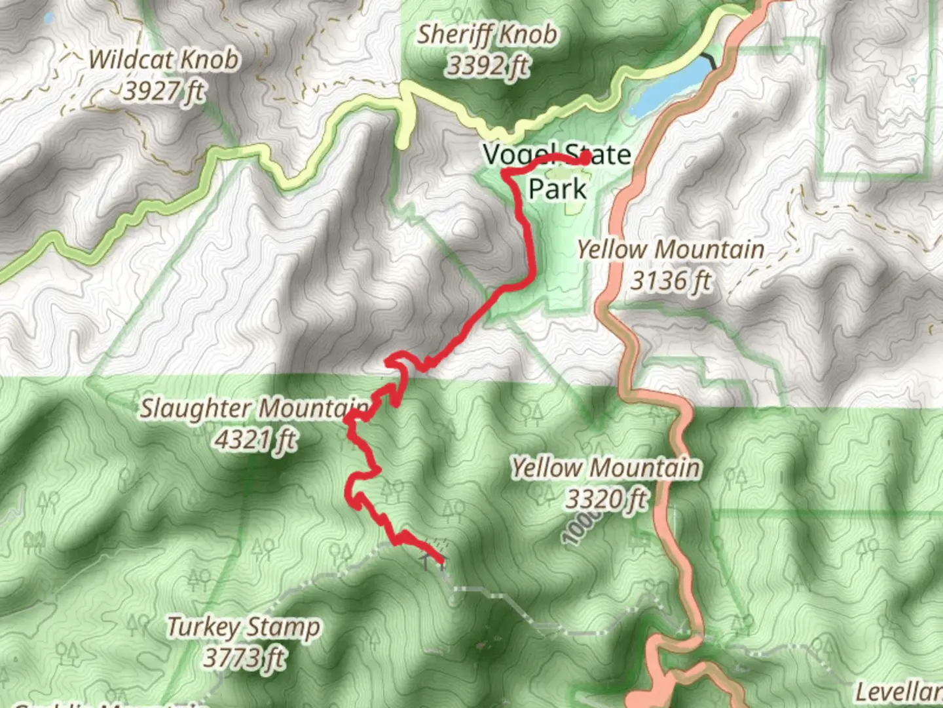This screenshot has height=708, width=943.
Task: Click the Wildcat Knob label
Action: (x=164, y=60)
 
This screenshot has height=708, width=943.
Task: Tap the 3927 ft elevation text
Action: (x=164, y=91)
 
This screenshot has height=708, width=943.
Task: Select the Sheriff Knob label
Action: (x=487, y=34)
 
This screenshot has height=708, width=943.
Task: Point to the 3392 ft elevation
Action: (x=487, y=66)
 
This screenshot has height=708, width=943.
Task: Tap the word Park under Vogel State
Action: (x=557, y=189)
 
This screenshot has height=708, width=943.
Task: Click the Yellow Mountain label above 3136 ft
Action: (x=670, y=250)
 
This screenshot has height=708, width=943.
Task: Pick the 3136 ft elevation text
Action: (x=670, y=281)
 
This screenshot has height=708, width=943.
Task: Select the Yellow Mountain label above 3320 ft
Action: (x=606, y=468)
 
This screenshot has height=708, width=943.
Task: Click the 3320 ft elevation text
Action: (x=606, y=500)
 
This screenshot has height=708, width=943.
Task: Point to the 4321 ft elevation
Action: (x=255, y=439)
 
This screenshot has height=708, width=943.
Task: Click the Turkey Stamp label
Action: (x=244, y=627)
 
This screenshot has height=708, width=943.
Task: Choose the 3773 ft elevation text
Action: (x=244, y=658)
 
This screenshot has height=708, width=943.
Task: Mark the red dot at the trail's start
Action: (x=585, y=157)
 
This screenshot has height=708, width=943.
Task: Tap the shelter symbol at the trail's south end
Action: (x=432, y=560)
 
